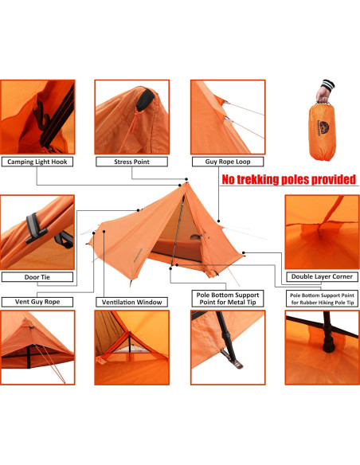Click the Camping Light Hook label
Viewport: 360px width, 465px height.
[x=37, y=162]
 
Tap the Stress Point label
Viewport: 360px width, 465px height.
[x=132, y=162]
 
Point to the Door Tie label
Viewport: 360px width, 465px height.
[x=37, y=277]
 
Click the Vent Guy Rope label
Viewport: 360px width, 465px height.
[x=37, y=302]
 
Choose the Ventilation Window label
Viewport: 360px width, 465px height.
[x=132, y=302]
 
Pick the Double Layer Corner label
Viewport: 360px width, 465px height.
[x=322, y=277]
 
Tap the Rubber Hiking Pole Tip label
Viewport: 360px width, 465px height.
[x=322, y=299]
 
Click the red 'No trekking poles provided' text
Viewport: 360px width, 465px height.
[x=288, y=180]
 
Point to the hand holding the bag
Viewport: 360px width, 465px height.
[x=326, y=90]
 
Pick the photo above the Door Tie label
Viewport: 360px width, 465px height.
[x=37, y=232]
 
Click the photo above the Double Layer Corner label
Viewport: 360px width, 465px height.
[x=322, y=232]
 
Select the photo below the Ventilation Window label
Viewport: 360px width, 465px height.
[x=132, y=348]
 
